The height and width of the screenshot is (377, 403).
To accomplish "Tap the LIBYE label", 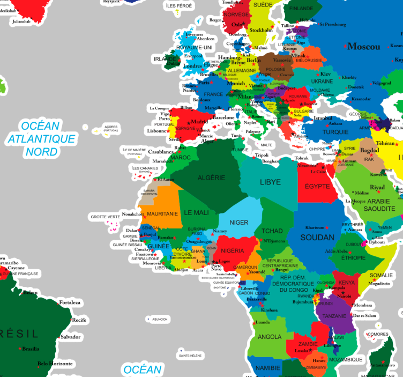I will [x=270, y=182].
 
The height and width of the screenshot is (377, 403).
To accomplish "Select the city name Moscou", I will [x=363, y=47].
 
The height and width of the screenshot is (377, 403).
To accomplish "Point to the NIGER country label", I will [x=239, y=223].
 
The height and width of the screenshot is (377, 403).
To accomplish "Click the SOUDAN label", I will [x=317, y=237].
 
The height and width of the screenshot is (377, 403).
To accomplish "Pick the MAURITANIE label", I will [x=162, y=213].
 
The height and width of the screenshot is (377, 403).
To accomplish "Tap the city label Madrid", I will [x=199, y=121].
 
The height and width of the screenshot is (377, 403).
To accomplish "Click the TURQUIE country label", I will [x=335, y=132].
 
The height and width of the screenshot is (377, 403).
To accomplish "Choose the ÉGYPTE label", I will [x=317, y=186].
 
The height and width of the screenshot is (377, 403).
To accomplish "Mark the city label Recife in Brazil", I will [x=79, y=320].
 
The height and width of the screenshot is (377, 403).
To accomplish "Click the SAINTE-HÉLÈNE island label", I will [x=190, y=356].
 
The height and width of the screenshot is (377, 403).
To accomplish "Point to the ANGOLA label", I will [x=270, y=337].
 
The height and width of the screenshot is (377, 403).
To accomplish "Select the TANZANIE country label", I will [x=334, y=316].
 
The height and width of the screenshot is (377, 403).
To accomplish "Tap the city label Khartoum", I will [x=315, y=227].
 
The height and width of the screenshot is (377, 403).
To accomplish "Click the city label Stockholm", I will [x=261, y=30].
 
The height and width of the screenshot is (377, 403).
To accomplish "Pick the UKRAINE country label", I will [x=322, y=81].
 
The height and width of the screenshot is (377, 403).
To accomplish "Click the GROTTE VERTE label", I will [x=106, y=217].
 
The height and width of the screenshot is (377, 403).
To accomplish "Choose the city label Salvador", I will [x=70, y=337].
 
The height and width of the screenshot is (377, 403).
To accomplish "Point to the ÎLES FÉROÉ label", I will [x=178, y=5].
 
